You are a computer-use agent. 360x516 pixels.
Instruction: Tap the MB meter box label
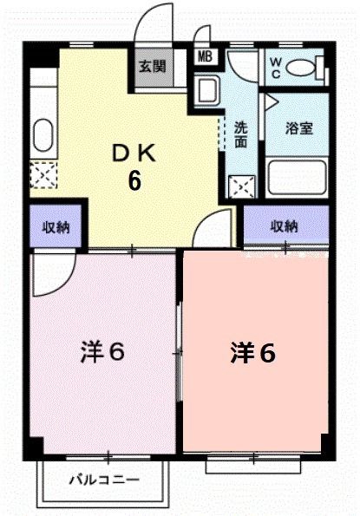(x=206, y=57)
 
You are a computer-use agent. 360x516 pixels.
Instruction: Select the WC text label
(x=275, y=66)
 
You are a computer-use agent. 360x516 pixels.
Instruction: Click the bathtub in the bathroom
(x=298, y=177)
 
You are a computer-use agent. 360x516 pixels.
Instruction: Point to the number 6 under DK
(x=134, y=181)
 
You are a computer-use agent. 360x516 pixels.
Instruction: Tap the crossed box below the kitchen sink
(x=41, y=176)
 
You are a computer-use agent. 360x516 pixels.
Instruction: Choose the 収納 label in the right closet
(x=285, y=227)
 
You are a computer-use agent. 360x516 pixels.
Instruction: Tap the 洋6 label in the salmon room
(x=253, y=352)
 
